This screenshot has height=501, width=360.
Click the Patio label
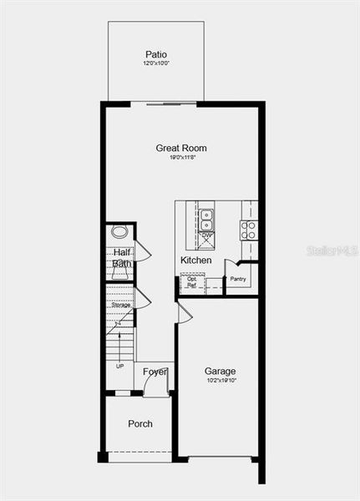point(156,54)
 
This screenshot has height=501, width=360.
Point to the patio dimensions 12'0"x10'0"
point(156,63)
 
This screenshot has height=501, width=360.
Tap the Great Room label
point(181,149)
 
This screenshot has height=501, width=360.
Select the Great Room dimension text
point(181,158)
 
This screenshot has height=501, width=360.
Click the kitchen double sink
point(206,218)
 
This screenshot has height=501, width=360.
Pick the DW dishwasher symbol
point(206,238)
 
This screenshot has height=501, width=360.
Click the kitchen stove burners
point(249,230)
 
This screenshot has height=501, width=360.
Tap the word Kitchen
point(196,261)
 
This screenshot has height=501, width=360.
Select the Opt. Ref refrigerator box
point(192,282)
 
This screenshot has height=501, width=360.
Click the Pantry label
point(239,279)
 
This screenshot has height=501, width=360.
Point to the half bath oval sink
point(119,232)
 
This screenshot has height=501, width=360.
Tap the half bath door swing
point(142,250)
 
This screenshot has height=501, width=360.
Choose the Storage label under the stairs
point(120,306)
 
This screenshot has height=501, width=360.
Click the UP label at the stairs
point(119,366)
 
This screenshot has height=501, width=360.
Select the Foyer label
point(155,372)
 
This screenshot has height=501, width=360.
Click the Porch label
point(140,424)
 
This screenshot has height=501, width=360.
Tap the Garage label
point(220,372)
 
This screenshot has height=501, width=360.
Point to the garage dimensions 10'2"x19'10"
point(220,381)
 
